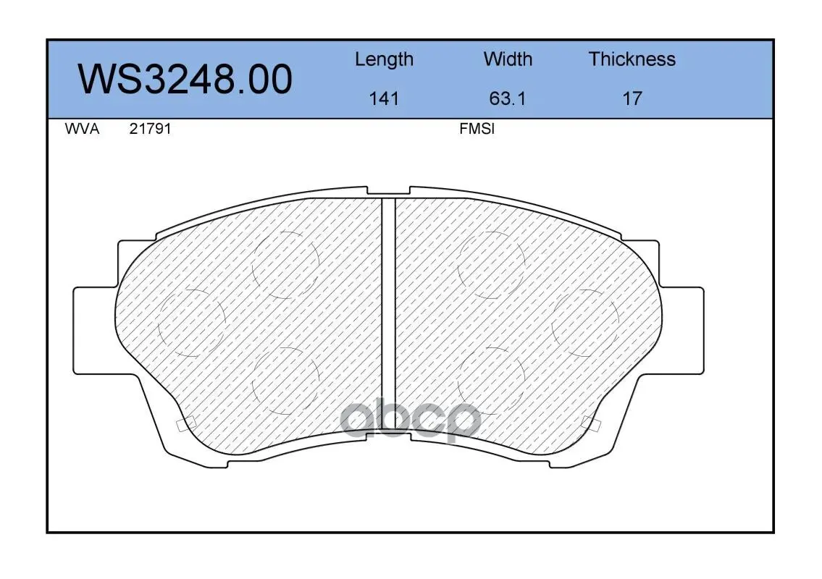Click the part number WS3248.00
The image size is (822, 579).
tap(185, 79)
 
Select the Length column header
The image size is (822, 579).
tap(384, 60)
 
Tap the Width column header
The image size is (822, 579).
tap(508, 59)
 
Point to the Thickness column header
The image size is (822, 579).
tap(632, 59)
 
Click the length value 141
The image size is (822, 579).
tap(384, 98)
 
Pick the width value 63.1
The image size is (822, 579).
tap(507, 98)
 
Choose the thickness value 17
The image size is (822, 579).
tap(632, 98)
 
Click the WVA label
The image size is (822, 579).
tap(82, 129)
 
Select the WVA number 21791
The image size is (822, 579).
tap(150, 129)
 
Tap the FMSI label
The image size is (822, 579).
tap(477, 129)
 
